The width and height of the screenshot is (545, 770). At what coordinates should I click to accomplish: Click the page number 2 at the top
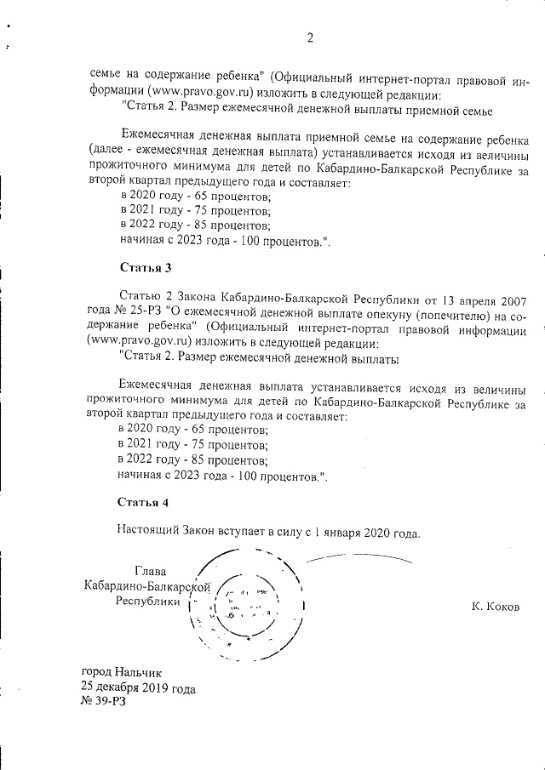(x=310, y=37)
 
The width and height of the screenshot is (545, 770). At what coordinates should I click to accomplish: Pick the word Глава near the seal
(x=151, y=570)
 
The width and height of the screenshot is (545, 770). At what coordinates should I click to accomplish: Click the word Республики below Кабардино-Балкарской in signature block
(x=148, y=601)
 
